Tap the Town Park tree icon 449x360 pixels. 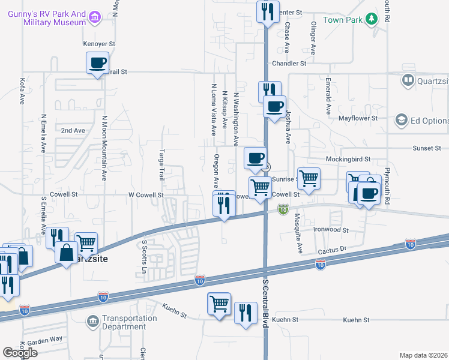point(372,19)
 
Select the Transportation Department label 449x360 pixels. point(123,323)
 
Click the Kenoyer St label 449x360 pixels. point(99,44)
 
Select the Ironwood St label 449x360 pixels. point(331,230)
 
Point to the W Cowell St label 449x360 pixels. point(146,195)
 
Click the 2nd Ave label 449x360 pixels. point(73,130)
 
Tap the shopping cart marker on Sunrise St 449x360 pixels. point(309,178)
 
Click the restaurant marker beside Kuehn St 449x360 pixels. point(246,313)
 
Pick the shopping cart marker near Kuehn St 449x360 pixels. point(219,304)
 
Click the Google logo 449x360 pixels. point(20,353)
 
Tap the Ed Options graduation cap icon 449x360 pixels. point(400,121)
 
